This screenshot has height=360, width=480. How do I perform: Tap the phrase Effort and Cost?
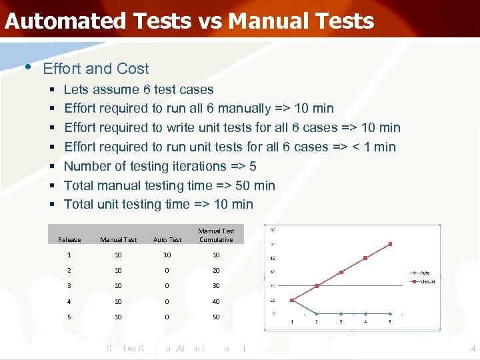(x=95, y=69)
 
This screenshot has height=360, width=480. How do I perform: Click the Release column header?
(x=69, y=240)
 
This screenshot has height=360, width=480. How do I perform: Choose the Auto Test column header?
(x=167, y=240)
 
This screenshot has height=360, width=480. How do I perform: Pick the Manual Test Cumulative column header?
(x=216, y=235)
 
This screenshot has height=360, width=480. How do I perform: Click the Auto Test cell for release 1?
(x=167, y=255)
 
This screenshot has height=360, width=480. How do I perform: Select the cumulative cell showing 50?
(x=216, y=317)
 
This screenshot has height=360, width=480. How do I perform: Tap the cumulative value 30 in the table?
(x=216, y=286)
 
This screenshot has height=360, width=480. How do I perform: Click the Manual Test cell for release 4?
(x=118, y=301)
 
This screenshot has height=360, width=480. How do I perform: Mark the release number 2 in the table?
(x=69, y=271)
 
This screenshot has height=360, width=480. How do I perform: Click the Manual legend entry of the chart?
(x=427, y=281)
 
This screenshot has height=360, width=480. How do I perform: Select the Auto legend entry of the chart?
(x=425, y=273)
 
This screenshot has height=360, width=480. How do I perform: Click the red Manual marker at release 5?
(x=391, y=244)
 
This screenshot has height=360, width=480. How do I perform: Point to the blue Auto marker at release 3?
(x=341, y=313)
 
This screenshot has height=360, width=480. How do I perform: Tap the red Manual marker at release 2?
(x=317, y=286)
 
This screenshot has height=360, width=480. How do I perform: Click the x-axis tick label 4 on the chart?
(x=365, y=322)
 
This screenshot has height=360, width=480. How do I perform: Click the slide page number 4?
(x=471, y=349)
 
